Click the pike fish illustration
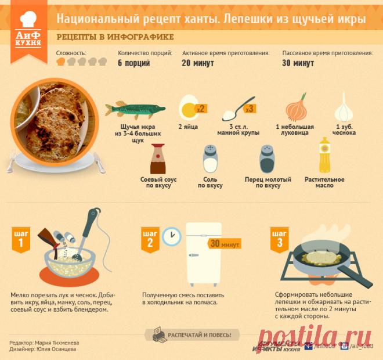tap(135, 109)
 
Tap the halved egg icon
tap(189, 107)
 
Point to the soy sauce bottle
tap(158, 159)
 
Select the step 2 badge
tap(150, 240)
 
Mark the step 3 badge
tap(280, 239)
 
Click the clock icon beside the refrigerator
tap(170, 235)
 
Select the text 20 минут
tap(198, 63)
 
